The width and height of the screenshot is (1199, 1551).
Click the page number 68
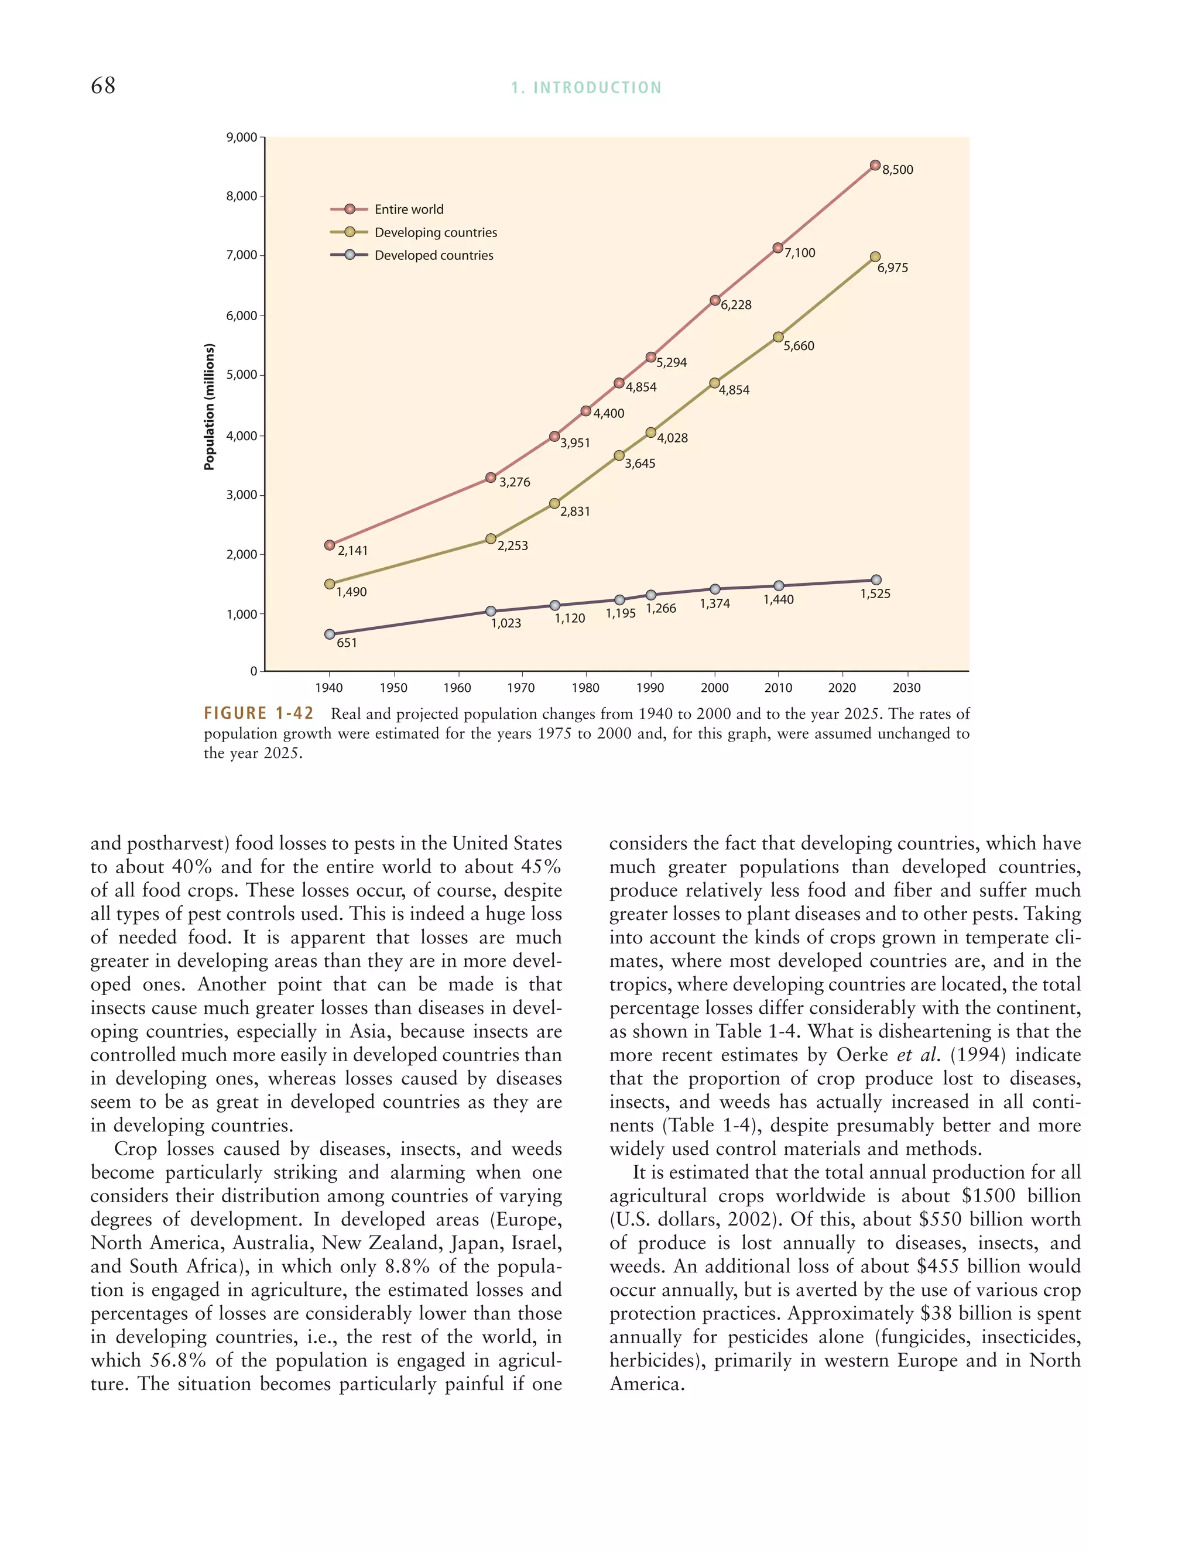point(103,86)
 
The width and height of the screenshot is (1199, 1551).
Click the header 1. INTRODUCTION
point(586,88)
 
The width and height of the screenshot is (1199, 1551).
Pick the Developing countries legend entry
point(436,232)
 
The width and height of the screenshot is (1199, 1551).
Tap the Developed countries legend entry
point(433,256)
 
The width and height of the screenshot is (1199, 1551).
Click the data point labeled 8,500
point(875,166)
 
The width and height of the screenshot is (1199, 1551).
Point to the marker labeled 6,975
point(875,257)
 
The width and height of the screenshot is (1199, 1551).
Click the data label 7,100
point(800,253)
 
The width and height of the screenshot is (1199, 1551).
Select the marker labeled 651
point(330,634)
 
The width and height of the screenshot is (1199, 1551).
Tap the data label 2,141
point(352,551)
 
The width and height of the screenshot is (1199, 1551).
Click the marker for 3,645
point(619,455)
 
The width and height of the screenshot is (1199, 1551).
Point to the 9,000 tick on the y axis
point(242,137)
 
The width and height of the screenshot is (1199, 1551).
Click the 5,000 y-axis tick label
point(242,375)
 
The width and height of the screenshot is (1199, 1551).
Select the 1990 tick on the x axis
point(650,688)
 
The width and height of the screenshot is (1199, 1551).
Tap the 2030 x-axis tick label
point(906,688)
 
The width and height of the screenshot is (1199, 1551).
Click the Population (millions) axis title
point(209,406)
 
